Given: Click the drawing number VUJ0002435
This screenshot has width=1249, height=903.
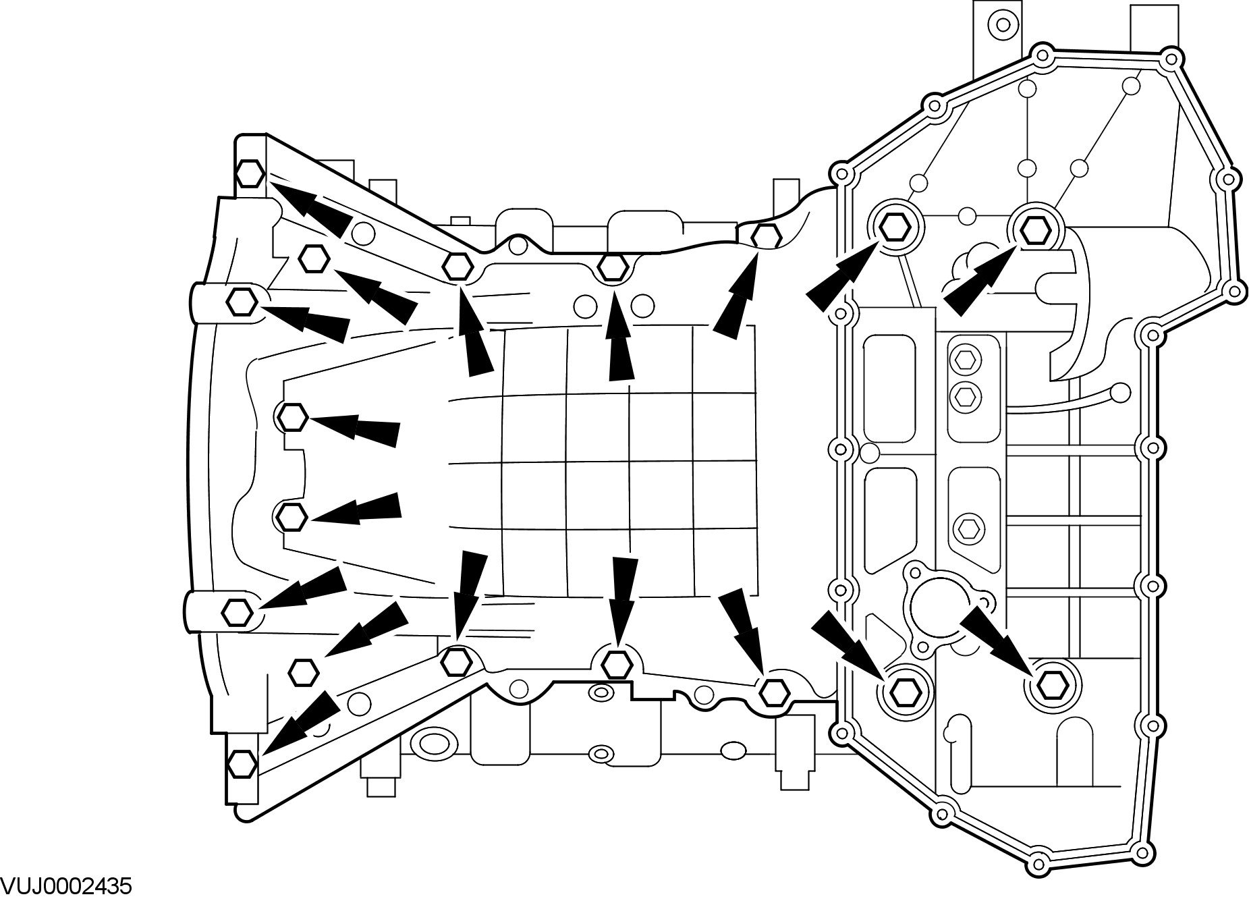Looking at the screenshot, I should [66, 886].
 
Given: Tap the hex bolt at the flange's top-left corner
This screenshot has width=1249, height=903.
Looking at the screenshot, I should [250, 173].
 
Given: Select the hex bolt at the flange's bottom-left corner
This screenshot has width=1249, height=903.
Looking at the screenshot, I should [242, 764].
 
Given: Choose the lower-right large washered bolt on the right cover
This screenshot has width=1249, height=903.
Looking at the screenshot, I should [1051, 686].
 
